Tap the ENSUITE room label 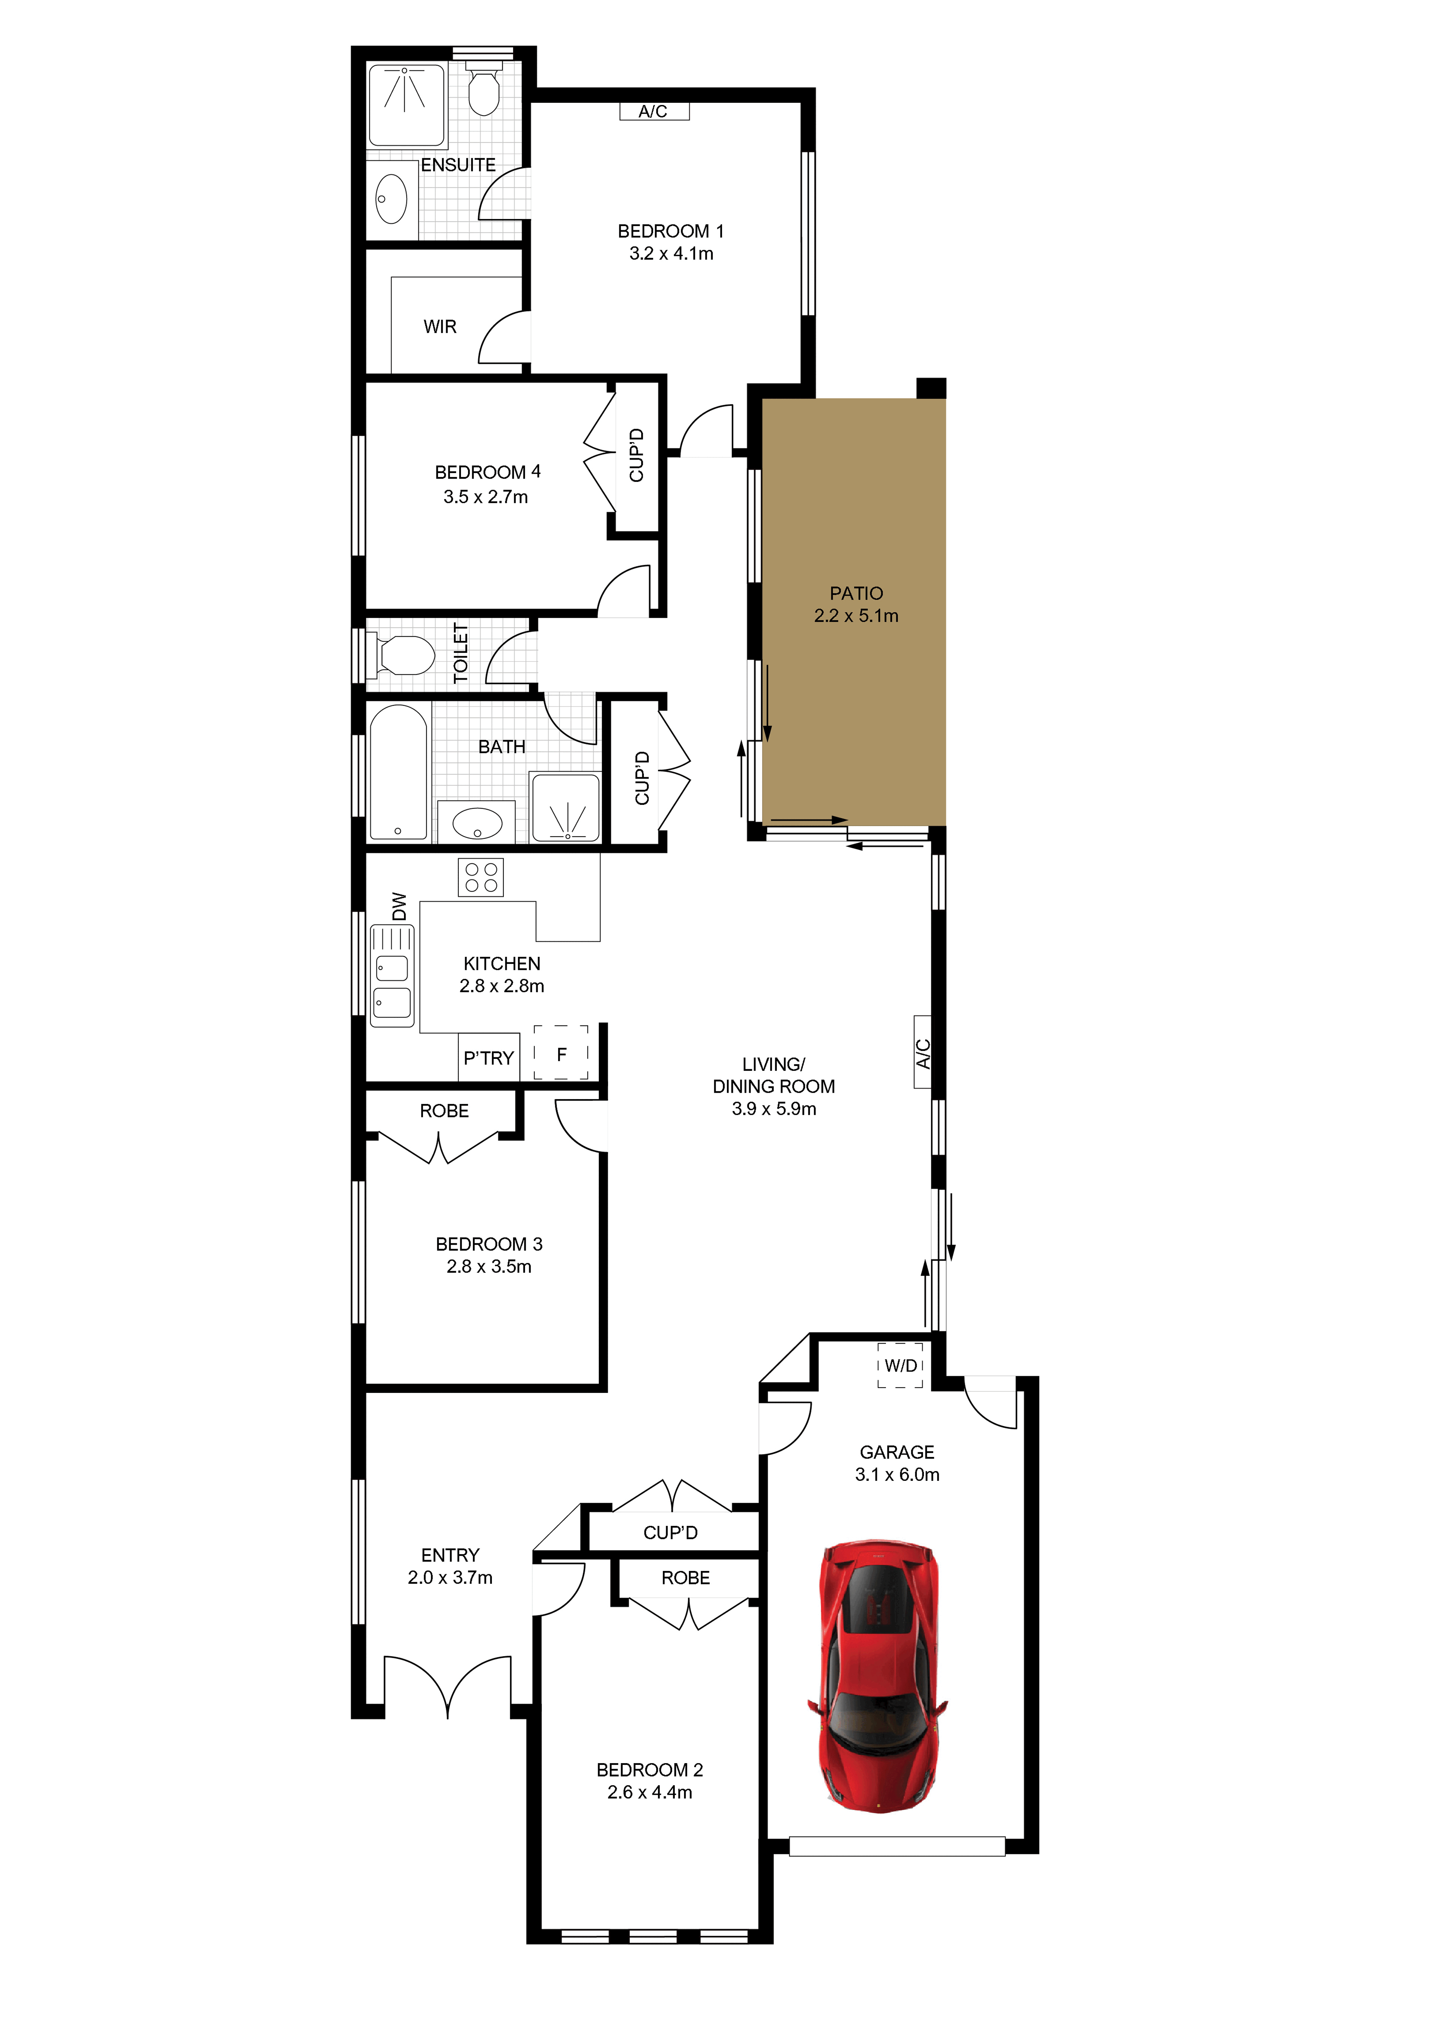[458, 165]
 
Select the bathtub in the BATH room [399, 772]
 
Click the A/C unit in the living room [922, 1052]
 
